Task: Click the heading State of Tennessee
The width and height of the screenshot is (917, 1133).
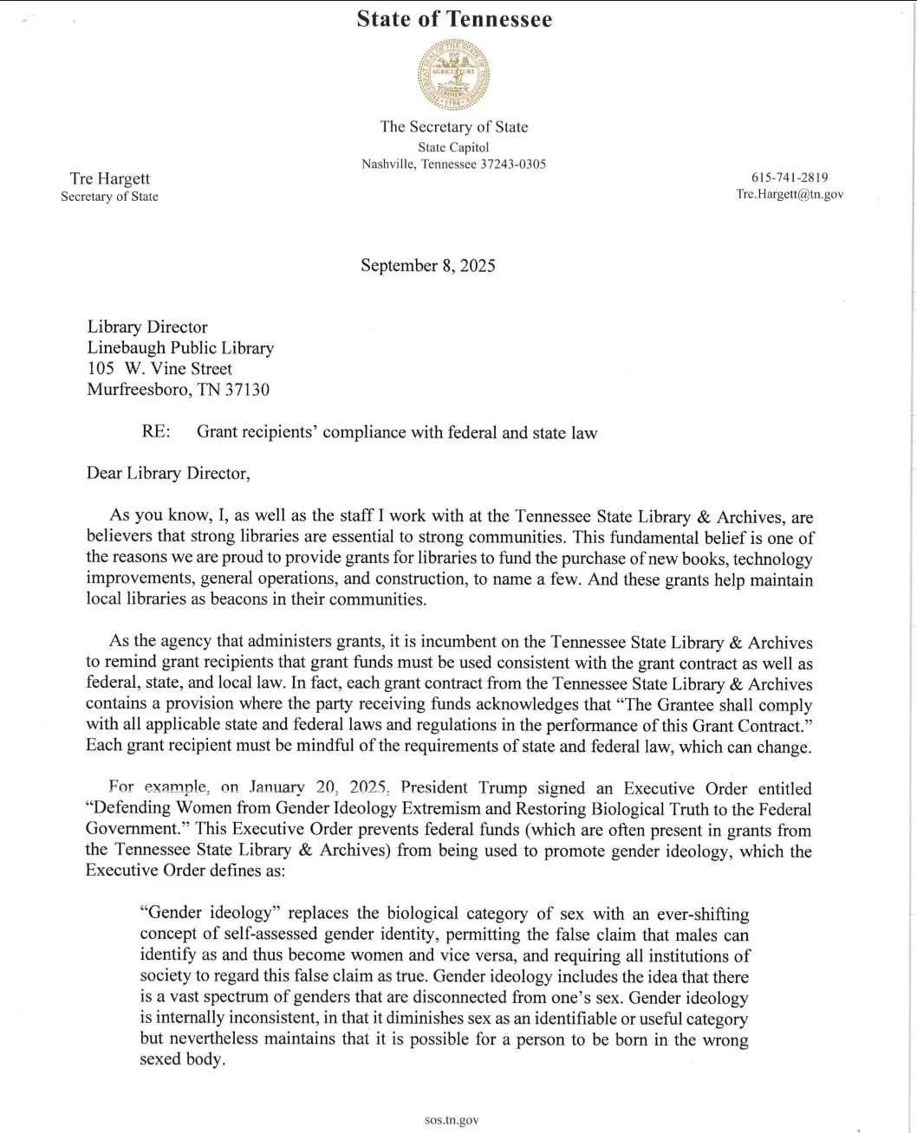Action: point(453,20)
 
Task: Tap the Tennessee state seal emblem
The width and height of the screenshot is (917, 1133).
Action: point(453,77)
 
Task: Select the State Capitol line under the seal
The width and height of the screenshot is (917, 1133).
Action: point(453,147)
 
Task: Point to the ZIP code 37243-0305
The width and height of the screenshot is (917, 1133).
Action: point(513,164)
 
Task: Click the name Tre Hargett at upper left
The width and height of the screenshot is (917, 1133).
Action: point(109,178)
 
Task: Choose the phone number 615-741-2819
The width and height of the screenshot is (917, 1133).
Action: point(789,178)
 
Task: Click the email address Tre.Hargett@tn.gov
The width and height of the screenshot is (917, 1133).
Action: point(789,195)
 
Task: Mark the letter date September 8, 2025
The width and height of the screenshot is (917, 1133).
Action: point(428,265)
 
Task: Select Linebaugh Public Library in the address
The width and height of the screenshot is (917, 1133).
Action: point(180,348)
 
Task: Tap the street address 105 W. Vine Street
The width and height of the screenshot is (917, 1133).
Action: point(159,369)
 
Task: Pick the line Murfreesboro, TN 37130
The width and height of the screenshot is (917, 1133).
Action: point(178,390)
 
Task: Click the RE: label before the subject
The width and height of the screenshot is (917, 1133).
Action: point(155,432)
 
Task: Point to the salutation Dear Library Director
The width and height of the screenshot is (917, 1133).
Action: point(168,473)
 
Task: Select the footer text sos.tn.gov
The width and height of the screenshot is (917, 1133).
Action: point(452,1120)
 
